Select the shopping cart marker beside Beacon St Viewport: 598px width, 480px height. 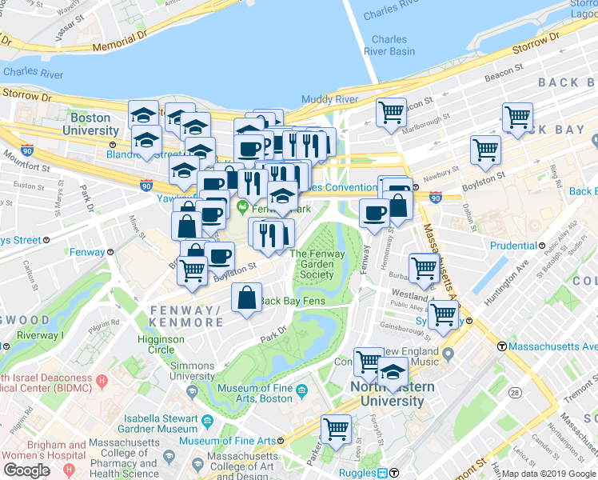391,112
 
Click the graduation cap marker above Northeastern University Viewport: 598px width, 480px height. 393,371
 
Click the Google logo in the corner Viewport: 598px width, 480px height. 27,470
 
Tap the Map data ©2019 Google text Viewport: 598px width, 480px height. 548,474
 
